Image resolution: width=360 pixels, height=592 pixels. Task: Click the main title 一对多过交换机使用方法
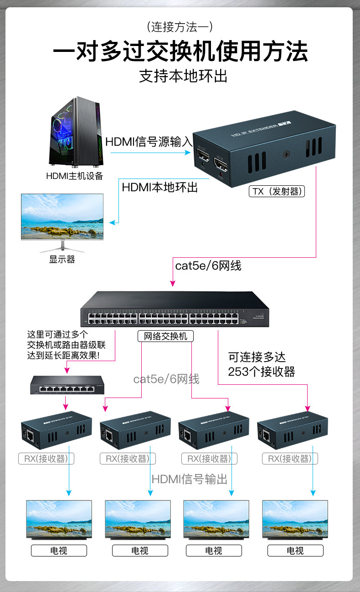(180, 51)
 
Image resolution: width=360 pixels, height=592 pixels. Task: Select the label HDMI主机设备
(75, 176)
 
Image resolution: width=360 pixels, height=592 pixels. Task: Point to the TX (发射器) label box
(277, 191)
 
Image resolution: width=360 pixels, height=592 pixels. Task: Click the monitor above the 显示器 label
(62, 217)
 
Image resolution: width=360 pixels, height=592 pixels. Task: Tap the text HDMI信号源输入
(149, 142)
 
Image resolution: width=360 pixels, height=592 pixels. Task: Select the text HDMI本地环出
(160, 187)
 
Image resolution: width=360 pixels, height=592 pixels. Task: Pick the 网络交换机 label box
(165, 337)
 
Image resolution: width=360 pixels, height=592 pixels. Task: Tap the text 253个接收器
(262, 372)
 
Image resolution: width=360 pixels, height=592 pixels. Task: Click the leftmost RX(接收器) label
(46, 458)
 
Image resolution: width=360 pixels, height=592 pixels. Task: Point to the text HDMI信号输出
(189, 479)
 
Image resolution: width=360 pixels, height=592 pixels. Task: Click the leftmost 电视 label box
(59, 551)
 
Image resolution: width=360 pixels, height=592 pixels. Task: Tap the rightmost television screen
(295, 520)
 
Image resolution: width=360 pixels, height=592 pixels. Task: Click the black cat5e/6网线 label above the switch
(208, 265)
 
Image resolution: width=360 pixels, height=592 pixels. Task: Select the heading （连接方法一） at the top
(180, 27)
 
